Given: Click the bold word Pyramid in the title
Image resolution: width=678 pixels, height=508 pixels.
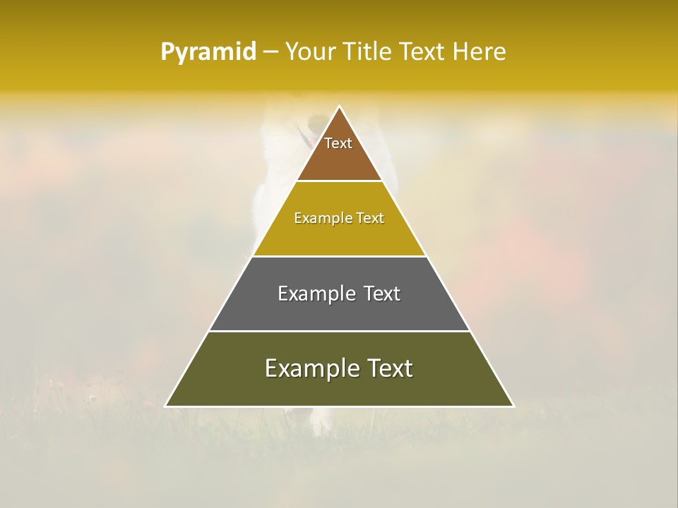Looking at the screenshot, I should point(208,52).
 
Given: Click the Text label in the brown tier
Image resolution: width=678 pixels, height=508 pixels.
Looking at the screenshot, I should point(338,143).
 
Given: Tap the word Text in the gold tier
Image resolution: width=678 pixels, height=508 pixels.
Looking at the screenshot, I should point(370,219).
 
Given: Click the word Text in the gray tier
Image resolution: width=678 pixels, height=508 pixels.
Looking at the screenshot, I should point(382,294).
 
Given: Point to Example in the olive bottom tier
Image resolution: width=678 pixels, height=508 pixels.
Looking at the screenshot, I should point(309,368).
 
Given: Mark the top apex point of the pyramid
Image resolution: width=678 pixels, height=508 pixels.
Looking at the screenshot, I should point(340,107).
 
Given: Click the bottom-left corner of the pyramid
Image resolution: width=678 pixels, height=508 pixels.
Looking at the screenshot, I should point(166,406).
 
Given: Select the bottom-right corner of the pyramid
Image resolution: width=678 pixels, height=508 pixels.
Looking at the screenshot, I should point(513,406).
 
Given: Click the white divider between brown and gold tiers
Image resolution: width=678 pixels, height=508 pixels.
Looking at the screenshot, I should point(340,181).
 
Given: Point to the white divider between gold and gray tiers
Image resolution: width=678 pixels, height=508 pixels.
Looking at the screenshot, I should point(340,256).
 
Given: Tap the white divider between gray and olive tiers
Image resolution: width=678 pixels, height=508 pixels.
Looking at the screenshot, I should point(340,331).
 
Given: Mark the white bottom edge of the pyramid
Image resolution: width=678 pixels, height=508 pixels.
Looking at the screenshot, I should point(340,406).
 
